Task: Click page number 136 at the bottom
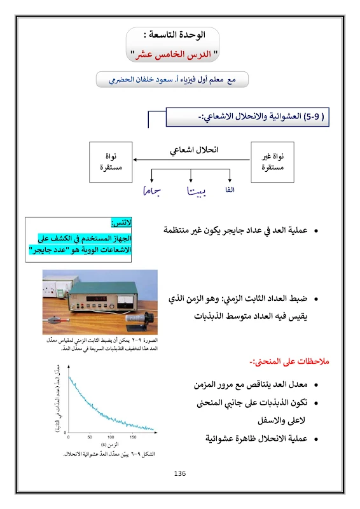point(179,473)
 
